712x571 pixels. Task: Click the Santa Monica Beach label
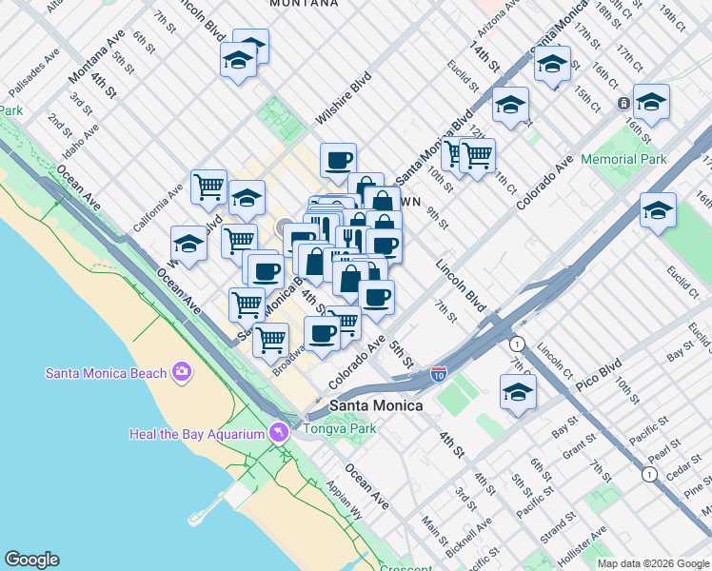click(107, 372)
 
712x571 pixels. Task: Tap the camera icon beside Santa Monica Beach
click(182, 372)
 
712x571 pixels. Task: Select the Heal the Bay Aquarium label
click(195, 434)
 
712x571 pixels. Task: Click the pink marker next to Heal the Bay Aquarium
click(277, 432)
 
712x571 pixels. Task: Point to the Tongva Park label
click(339, 427)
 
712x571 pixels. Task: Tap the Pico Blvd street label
click(597, 366)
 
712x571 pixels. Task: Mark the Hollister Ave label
click(582, 544)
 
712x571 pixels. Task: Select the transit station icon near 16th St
click(623, 104)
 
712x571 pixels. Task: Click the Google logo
click(31, 560)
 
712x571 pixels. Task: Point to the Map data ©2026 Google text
click(653, 562)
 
